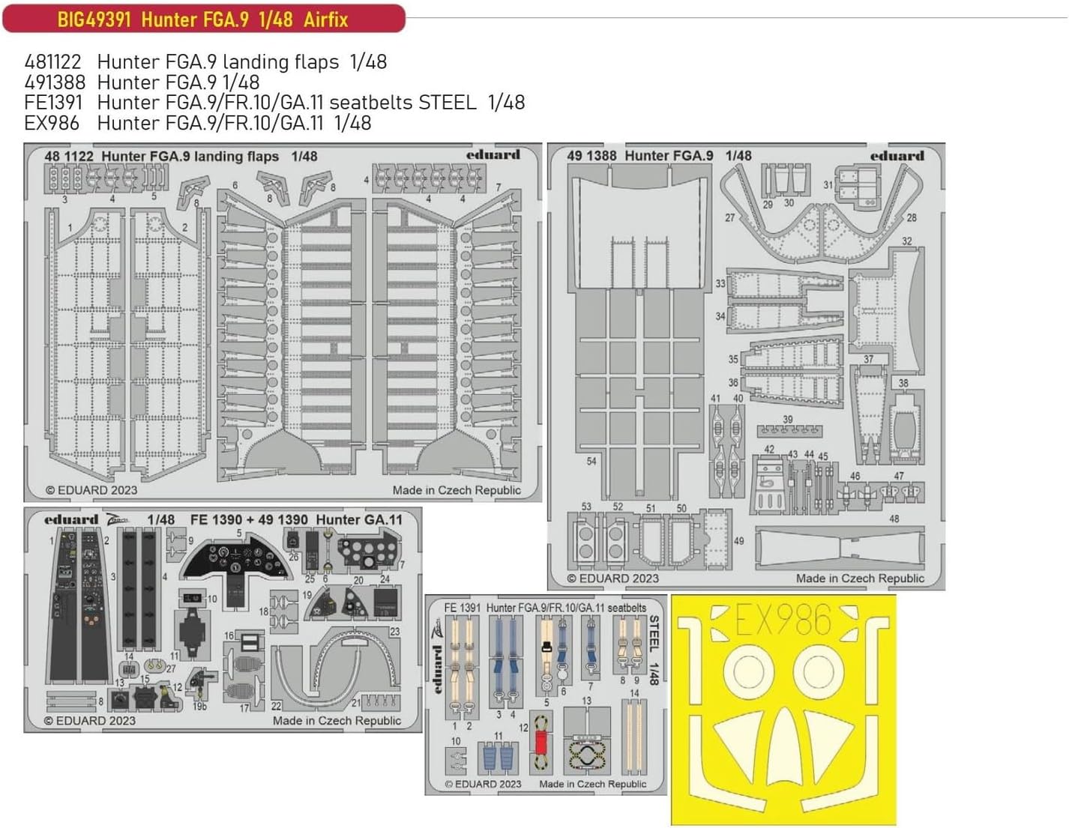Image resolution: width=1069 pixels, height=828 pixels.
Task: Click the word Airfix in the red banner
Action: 325,19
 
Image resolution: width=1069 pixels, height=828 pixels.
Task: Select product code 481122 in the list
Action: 52,62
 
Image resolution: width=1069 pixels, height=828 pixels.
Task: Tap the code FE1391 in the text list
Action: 52,103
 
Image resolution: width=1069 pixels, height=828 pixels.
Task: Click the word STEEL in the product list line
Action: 447,103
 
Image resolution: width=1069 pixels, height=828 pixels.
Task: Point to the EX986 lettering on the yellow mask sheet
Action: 783,620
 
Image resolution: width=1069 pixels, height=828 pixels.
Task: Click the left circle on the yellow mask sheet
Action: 747,671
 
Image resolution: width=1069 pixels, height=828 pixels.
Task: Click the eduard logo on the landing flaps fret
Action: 493,155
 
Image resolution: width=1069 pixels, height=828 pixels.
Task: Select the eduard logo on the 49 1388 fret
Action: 897,156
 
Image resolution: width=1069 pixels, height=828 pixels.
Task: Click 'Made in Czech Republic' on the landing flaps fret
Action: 456,490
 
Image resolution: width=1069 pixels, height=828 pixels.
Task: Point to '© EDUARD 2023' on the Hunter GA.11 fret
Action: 90,721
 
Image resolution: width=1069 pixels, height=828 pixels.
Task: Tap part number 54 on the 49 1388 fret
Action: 591,462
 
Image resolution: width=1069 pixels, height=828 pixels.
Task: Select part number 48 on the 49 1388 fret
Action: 894,519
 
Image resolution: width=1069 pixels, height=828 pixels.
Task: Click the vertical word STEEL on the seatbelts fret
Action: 654,634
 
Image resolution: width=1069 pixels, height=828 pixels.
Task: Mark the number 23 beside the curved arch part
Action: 395,632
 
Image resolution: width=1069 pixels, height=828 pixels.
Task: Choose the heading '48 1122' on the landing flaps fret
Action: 69,157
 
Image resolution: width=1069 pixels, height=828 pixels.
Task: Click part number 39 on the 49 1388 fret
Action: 787,420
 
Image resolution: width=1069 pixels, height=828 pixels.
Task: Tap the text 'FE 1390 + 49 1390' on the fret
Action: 249,520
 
